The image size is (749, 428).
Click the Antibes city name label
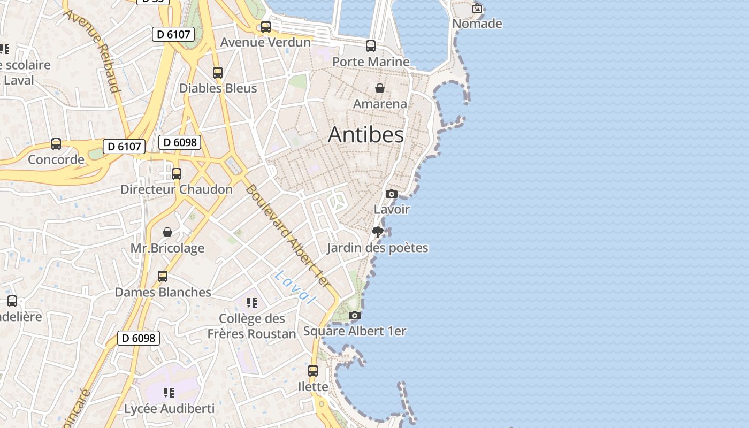[x=366, y=135]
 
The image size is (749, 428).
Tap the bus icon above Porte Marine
[x=371, y=46]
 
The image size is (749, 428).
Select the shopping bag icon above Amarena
[x=380, y=88]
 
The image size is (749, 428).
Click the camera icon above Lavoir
[x=392, y=194]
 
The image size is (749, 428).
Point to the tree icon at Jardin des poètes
[x=378, y=232]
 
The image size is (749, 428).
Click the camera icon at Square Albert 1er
[x=354, y=316]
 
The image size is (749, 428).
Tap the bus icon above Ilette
[x=313, y=370]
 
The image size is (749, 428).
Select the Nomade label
[x=477, y=24]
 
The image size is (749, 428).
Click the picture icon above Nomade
[x=477, y=8]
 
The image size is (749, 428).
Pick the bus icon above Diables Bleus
[x=218, y=72]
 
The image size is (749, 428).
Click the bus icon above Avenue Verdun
[x=266, y=26]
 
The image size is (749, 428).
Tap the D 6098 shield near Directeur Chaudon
[x=180, y=142]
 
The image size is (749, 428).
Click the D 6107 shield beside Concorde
[x=124, y=147]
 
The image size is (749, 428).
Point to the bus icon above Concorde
[x=56, y=143]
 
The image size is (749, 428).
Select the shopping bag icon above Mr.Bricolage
[x=167, y=232]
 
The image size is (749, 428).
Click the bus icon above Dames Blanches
[x=163, y=277]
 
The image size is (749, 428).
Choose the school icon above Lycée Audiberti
[x=169, y=393]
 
